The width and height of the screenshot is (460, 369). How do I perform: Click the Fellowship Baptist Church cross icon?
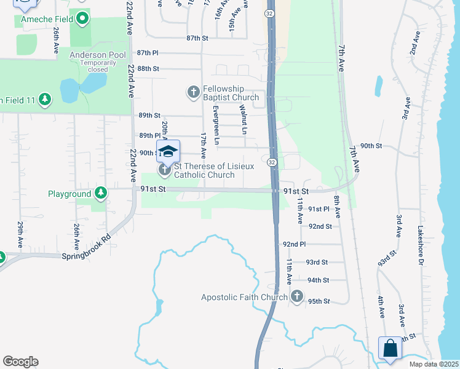point(193,93)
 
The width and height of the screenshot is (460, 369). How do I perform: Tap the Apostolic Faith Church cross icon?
point(297,297)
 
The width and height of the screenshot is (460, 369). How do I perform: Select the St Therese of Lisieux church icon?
point(164,169)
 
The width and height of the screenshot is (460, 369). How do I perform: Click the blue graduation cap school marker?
point(169,151)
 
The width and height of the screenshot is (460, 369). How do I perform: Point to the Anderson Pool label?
point(97,55)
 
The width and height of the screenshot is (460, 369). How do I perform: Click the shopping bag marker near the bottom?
point(390,348)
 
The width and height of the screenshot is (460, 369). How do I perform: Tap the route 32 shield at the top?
point(270,13)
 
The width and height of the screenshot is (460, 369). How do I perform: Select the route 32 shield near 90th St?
point(272,161)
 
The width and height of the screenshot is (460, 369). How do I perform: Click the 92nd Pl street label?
point(294,244)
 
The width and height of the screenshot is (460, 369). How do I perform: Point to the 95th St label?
point(319,301)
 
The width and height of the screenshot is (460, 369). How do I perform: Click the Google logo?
point(20,362)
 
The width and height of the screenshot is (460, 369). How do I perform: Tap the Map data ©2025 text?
point(434,364)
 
